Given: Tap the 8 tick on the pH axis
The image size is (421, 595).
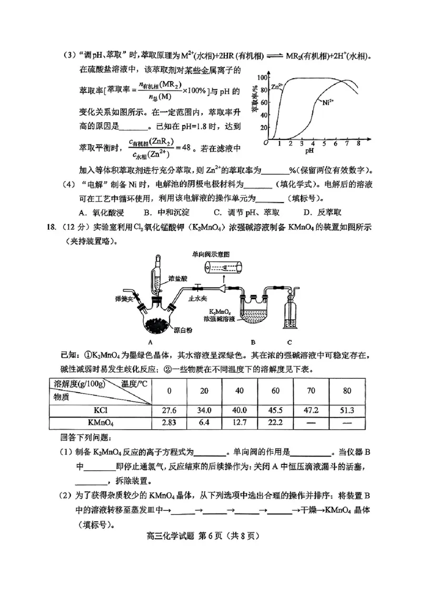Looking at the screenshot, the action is tap(358, 143).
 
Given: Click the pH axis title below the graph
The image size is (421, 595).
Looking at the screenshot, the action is tap(309, 150).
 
